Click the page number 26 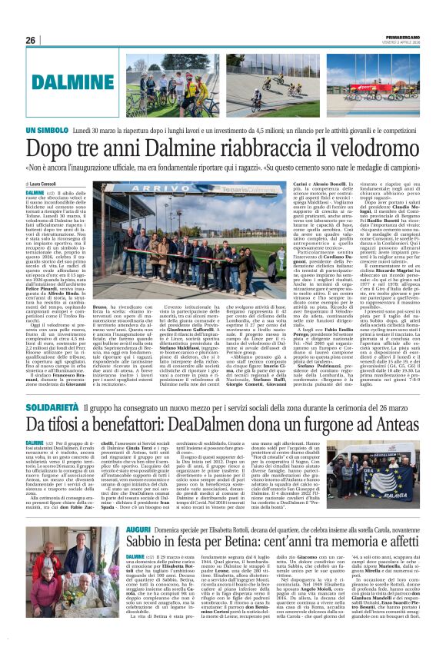[x=31, y=40]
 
